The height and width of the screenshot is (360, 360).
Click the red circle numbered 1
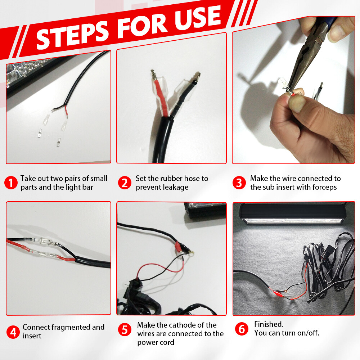point(11,183)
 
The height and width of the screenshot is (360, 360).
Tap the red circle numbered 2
point(125,183)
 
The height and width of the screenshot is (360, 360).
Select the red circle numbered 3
point(239,183)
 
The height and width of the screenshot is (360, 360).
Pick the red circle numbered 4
point(13,332)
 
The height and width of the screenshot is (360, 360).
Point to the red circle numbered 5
point(125,330)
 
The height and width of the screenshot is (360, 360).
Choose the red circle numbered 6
point(242,329)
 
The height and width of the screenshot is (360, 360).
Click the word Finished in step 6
point(269,324)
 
